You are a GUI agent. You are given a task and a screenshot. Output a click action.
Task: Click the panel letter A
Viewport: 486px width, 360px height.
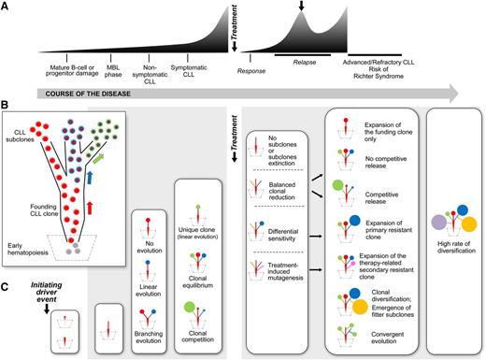click(7, 7)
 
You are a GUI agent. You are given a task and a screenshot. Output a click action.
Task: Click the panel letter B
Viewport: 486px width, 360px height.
click(7, 108)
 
